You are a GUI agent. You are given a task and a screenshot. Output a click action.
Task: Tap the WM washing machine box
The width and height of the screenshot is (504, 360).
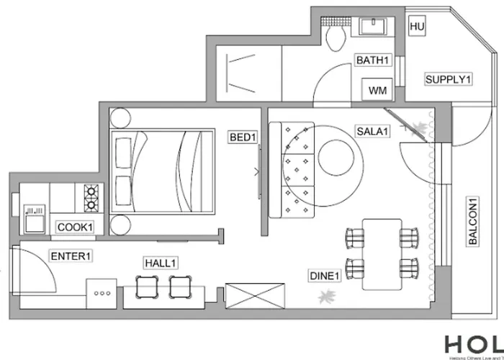[x=377, y=91]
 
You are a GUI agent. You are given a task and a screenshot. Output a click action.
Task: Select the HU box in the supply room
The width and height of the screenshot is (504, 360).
[x=416, y=27]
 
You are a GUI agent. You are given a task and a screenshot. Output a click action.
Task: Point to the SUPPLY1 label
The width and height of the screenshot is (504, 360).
[x=448, y=79]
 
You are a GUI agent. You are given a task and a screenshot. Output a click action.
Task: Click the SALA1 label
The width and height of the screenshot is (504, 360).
[x=372, y=131]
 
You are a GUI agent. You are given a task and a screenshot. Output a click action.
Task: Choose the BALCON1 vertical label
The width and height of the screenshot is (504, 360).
[x=473, y=222]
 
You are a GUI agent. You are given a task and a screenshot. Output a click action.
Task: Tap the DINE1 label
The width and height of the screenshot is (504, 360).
[x=324, y=276]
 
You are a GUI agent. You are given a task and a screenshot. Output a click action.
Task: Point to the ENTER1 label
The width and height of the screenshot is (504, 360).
[x=71, y=255]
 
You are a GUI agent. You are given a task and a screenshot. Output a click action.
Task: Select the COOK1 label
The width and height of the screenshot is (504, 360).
[x=76, y=228]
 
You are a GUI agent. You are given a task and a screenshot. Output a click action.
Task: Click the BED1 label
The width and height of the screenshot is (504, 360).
[x=243, y=137]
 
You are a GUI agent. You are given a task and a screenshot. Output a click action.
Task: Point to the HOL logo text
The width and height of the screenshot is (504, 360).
[x=472, y=346]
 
